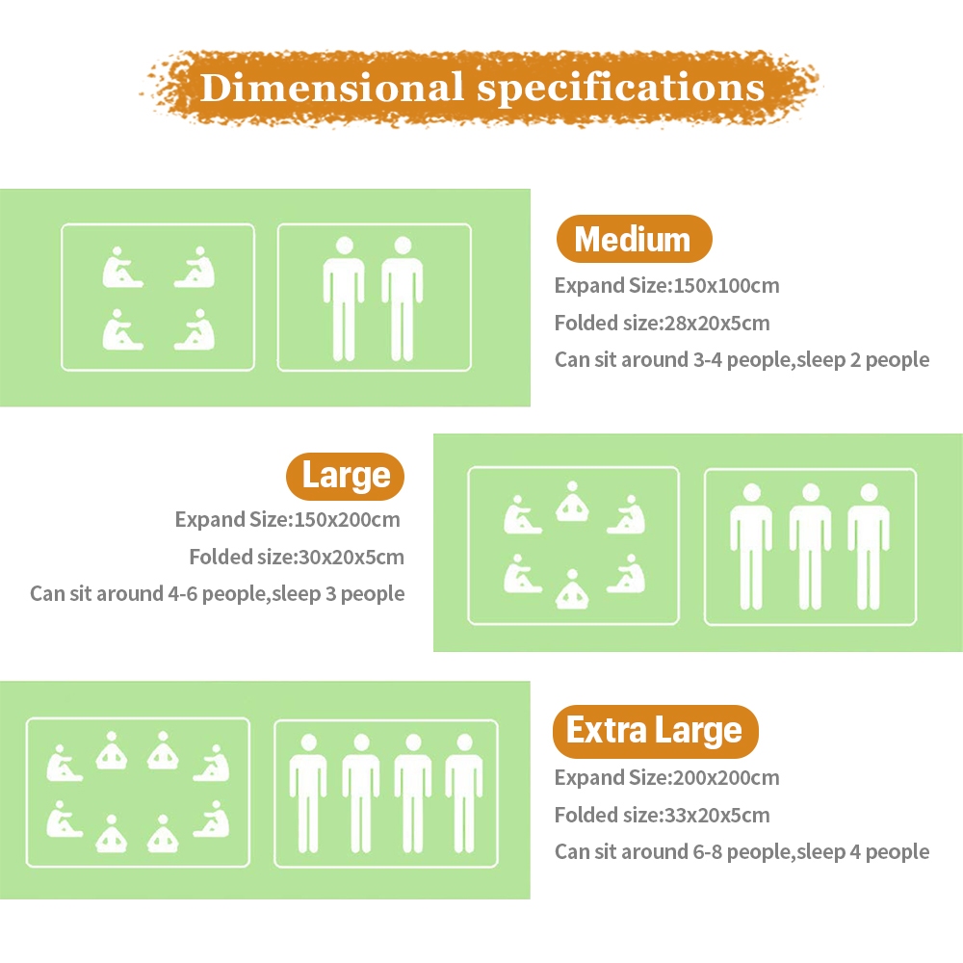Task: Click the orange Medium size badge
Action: pyautogui.click(x=634, y=239)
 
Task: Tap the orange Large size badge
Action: pyautogui.click(x=345, y=476)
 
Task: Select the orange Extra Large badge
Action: pyautogui.click(x=655, y=731)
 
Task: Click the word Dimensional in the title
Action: pyautogui.click(x=331, y=88)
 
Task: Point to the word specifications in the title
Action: pyautogui.click(x=621, y=89)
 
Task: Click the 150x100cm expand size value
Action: pyautogui.click(x=726, y=286)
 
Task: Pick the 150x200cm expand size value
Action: pyautogui.click(x=347, y=520)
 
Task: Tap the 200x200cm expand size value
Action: pyautogui.click(x=726, y=777)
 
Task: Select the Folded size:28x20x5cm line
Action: pyautogui.click(x=663, y=323)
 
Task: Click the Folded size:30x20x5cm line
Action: pyautogui.click(x=297, y=557)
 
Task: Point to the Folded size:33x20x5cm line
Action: pyautogui.click(x=663, y=815)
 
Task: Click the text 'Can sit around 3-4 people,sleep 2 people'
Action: pyautogui.click(x=742, y=360)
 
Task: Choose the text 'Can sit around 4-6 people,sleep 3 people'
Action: pyautogui.click(x=218, y=594)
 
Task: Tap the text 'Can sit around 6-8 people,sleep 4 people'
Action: pyautogui.click(x=742, y=852)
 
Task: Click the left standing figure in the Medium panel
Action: pyautogui.click(x=344, y=299)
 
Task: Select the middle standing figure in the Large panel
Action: pyautogui.click(x=810, y=547)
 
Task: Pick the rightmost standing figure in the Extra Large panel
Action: pyautogui.click(x=464, y=794)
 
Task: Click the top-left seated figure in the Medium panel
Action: pyautogui.click(x=121, y=268)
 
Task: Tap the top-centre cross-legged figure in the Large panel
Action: pyautogui.click(x=572, y=501)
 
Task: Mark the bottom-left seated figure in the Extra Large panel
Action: pyautogui.click(x=64, y=820)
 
